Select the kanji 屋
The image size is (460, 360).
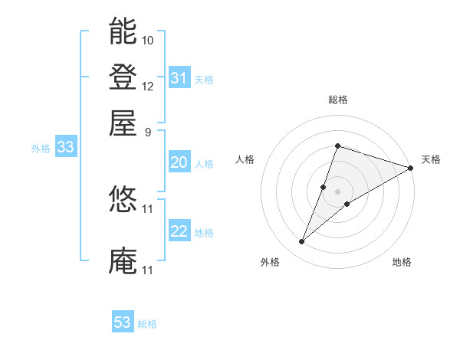click(123, 122)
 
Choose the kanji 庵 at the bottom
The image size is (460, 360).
click(123, 260)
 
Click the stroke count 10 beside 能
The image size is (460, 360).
click(148, 39)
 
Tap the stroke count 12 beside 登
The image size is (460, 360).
click(148, 86)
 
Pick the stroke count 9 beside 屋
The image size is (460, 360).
click(148, 131)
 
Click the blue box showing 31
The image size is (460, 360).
click(179, 77)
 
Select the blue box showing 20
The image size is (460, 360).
click(179, 162)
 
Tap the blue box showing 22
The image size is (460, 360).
click(179, 231)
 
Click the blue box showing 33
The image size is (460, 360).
click(64, 147)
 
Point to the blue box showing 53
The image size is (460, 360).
click(123, 322)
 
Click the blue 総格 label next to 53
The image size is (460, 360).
click(147, 324)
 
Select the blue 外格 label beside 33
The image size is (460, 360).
click(41, 149)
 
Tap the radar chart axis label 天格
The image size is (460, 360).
click(431, 159)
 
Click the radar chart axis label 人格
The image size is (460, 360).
click(245, 159)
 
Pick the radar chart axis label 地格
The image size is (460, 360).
click(402, 262)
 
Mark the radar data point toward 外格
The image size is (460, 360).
click(302, 242)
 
